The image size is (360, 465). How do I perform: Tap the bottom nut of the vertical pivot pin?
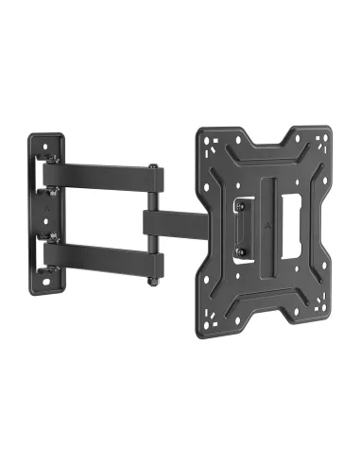pyautogui.click(x=152, y=281)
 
